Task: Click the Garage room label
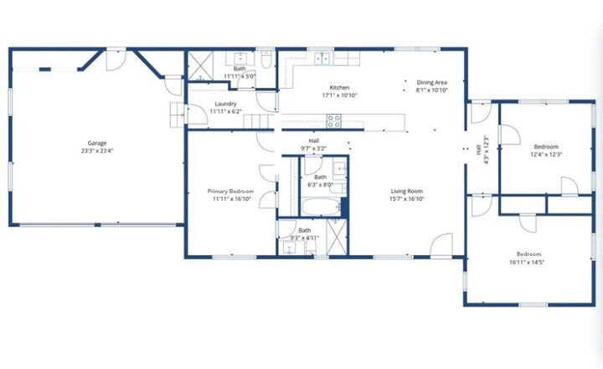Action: (97, 143)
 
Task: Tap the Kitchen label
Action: (339, 88)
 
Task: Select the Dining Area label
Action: (432, 82)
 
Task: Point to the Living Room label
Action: (406, 192)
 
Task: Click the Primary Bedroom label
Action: (230, 192)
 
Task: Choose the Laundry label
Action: (225, 104)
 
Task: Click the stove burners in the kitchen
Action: (333, 119)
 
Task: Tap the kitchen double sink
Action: (322, 59)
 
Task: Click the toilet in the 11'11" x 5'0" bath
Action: (265, 60)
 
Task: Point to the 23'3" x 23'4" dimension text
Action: (97, 151)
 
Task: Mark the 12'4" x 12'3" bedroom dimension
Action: (546, 154)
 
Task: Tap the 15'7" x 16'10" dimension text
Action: (406, 199)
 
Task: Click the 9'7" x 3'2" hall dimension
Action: (313, 148)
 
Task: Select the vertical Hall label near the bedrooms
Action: (478, 151)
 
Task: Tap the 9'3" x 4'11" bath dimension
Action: (304, 237)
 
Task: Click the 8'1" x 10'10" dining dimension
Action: (432, 90)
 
